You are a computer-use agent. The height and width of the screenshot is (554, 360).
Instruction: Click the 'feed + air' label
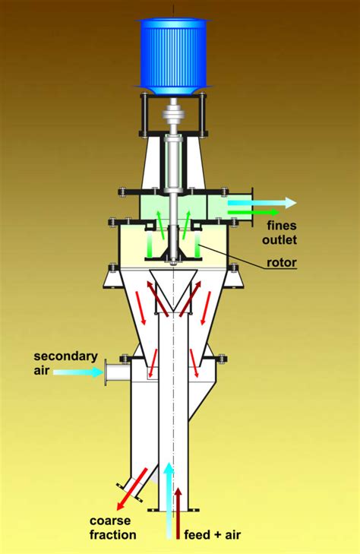pyautogui.click(x=213, y=535)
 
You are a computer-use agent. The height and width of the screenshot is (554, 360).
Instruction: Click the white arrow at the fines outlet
pyautogui.click(x=263, y=202)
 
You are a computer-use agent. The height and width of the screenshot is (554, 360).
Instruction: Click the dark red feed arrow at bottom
pyautogui.click(x=178, y=513)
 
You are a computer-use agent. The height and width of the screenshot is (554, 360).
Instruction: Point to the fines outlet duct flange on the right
pyautogui.click(x=254, y=208)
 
